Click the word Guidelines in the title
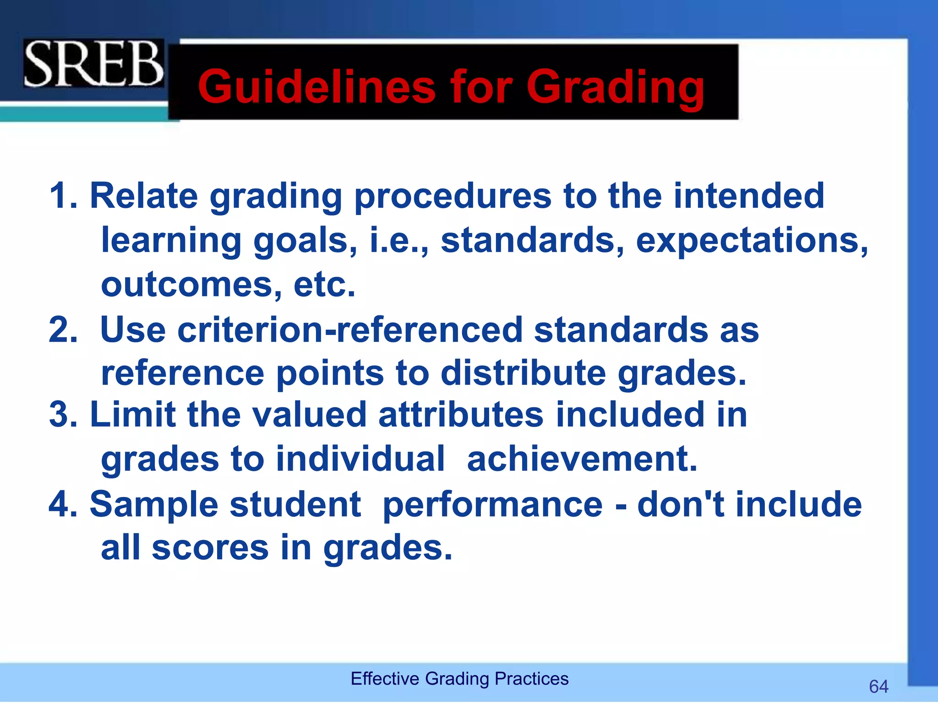316,87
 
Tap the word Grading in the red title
615,87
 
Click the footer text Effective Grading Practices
459,678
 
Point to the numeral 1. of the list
63,196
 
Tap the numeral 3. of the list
63,415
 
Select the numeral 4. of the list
63,504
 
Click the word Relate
144,196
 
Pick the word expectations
751,240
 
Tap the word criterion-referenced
350,330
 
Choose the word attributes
461,415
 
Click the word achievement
582,459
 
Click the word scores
210,547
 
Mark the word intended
748,196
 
